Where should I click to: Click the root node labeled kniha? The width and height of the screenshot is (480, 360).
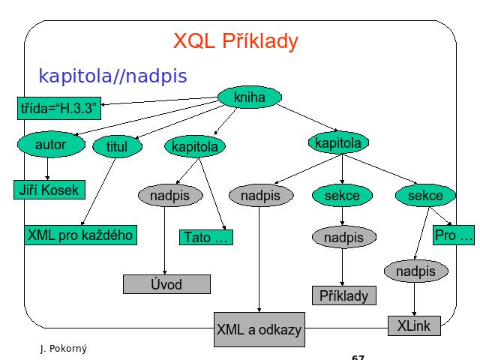point(250,97)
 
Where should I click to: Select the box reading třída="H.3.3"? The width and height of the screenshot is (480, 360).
point(59,108)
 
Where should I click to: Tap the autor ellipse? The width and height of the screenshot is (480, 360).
point(51,145)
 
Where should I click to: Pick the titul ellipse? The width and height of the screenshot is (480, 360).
point(117,146)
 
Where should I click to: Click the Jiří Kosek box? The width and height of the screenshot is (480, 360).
point(49,190)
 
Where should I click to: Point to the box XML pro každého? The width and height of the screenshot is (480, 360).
point(80,235)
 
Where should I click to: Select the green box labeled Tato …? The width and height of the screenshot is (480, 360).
point(206,237)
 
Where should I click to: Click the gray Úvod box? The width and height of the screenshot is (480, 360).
point(166,284)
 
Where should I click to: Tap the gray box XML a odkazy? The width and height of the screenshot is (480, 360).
point(259,329)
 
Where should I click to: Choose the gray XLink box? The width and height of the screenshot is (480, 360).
point(414,325)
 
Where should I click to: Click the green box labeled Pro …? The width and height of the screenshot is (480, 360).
point(454,235)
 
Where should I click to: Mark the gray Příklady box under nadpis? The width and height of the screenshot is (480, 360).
point(344,295)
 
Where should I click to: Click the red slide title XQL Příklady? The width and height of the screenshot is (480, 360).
point(235,41)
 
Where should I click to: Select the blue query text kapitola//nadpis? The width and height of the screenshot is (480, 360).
point(112,76)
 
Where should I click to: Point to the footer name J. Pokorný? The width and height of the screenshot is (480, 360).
point(64,348)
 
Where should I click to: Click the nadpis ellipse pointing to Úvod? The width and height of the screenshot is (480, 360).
point(170,195)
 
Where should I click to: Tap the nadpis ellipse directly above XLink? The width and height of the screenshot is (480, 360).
point(416,271)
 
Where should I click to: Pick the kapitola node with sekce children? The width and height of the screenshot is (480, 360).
point(338,142)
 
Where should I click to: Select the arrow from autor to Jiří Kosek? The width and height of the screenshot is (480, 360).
point(47,169)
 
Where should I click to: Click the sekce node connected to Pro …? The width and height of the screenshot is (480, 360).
point(425,195)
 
